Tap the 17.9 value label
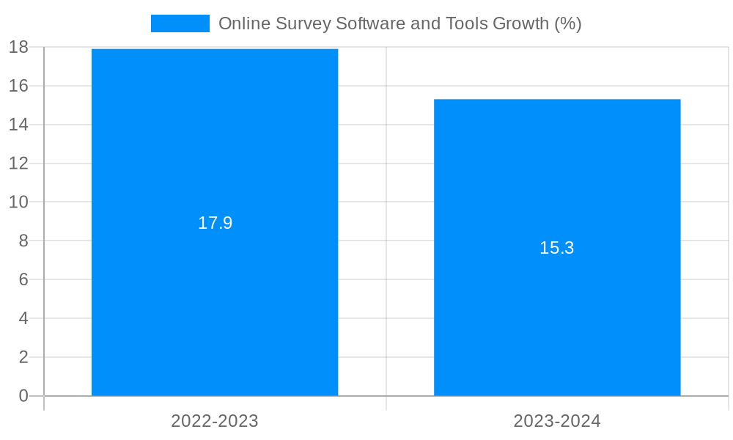[215, 223]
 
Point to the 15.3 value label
[557, 248]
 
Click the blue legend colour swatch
[180, 23]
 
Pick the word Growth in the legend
[520, 23]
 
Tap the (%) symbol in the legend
[568, 23]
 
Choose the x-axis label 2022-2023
[215, 421]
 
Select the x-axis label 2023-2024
[557, 421]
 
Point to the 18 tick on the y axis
[18, 47]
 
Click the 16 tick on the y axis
[18, 86]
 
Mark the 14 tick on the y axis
[18, 125]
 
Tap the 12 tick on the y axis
[18, 164]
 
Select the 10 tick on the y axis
[18, 202]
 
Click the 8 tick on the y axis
[23, 241]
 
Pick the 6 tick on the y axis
[23, 279]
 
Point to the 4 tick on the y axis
[23, 318]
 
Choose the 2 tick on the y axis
[23, 357]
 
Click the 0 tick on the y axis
[23, 396]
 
